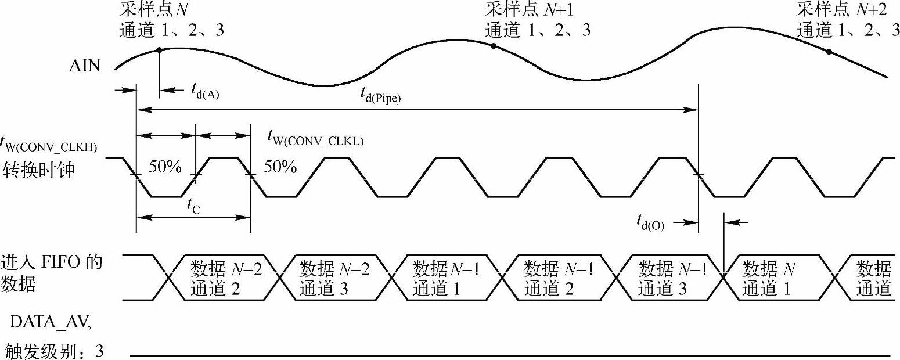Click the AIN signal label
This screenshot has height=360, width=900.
click(84, 66)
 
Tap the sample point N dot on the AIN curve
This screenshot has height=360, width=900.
click(159, 51)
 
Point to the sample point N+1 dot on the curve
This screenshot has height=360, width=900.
click(493, 46)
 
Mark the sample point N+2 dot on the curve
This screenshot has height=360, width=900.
click(829, 52)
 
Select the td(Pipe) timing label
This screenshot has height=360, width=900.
click(381, 95)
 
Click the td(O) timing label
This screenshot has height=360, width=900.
click(650, 221)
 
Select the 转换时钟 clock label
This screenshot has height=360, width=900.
click(39, 170)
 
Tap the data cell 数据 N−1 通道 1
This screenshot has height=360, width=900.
click(446, 278)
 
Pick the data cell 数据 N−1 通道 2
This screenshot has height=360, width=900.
click(559, 278)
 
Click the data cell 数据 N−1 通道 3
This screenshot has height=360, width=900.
click(672, 278)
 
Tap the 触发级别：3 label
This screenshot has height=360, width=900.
click(53, 351)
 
